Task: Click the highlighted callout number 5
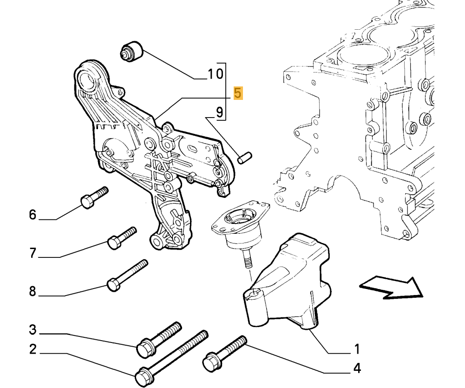point(238,93)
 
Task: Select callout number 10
point(215,73)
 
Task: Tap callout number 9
point(219,112)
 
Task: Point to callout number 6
point(33,215)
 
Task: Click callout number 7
point(33,253)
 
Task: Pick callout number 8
point(33,291)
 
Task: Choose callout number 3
point(33,330)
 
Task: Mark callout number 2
point(33,349)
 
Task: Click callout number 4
point(357,368)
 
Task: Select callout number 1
point(357,349)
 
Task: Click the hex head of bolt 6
point(87,202)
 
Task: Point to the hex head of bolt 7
point(114,242)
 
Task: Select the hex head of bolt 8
point(113,284)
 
